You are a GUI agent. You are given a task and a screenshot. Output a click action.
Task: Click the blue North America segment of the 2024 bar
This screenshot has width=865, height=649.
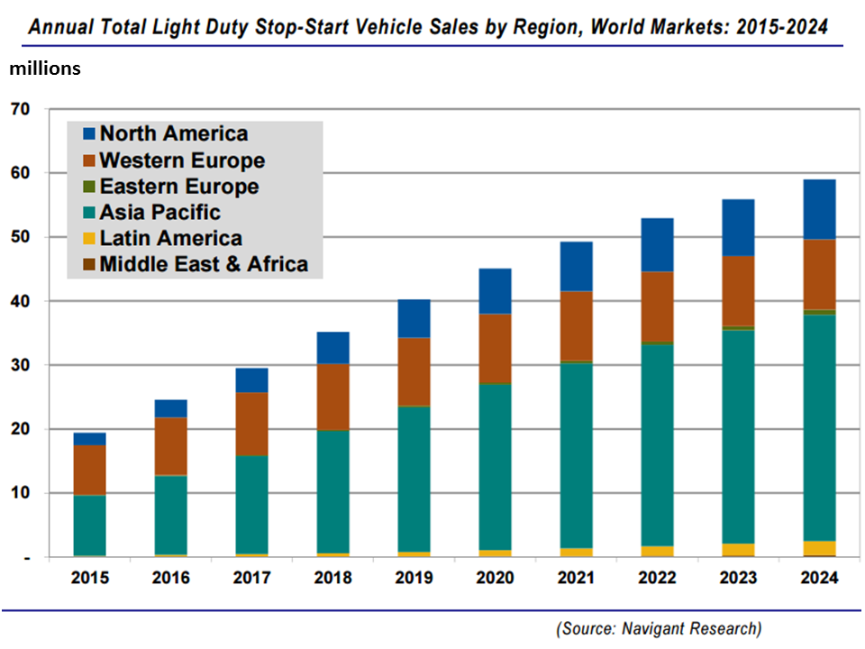click(x=819, y=209)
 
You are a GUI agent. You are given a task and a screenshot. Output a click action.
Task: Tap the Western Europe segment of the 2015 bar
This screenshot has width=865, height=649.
click(x=89, y=470)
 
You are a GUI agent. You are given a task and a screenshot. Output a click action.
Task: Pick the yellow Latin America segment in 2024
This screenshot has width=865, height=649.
click(x=819, y=548)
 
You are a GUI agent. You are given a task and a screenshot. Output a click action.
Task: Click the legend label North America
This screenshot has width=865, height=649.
click(x=173, y=134)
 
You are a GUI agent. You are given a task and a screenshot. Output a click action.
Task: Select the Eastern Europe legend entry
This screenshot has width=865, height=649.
click(x=178, y=187)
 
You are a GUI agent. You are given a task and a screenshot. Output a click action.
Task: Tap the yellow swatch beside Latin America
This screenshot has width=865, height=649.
click(x=88, y=239)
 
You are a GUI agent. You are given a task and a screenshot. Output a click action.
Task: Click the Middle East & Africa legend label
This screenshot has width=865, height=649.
click(x=204, y=264)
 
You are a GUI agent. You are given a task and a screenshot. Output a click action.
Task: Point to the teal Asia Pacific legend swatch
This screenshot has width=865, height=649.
click(x=88, y=213)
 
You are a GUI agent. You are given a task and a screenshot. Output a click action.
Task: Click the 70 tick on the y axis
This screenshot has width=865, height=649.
click(x=20, y=110)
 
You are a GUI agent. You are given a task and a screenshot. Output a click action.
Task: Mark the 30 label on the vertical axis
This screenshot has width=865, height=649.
click(x=20, y=365)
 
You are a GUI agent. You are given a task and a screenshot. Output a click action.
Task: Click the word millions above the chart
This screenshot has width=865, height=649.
click(x=45, y=69)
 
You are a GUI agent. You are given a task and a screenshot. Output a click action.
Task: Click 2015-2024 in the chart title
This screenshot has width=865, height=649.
click(x=783, y=27)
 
